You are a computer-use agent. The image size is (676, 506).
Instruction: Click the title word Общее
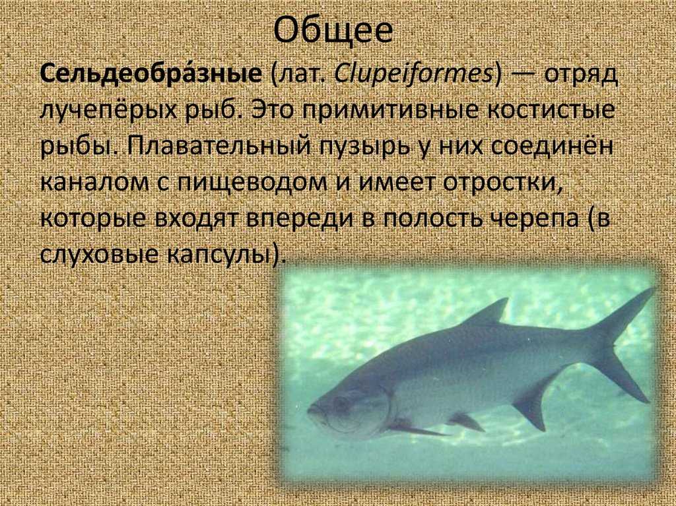(x=333, y=31)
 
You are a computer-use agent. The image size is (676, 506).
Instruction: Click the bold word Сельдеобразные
(x=151, y=75)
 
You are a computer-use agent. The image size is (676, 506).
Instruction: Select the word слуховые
(x=99, y=255)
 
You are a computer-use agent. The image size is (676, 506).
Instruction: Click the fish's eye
(x=341, y=404)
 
